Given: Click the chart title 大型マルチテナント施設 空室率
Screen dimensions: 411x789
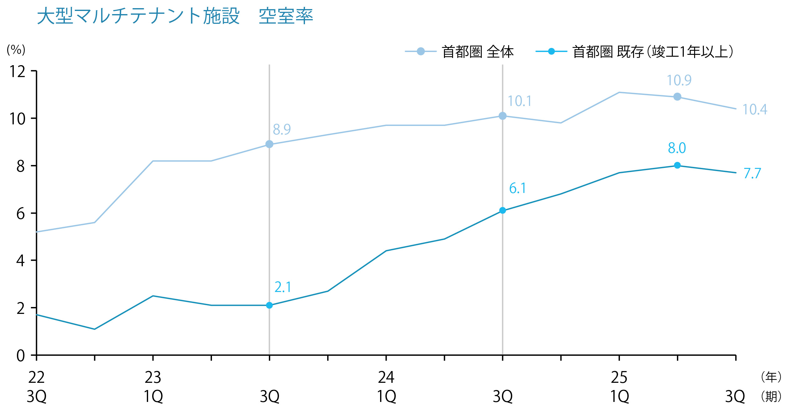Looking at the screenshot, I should [x=175, y=16].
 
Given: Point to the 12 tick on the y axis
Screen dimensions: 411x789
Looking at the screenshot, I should [x=18, y=71].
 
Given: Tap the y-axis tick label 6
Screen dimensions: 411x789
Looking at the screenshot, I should [x=20, y=214].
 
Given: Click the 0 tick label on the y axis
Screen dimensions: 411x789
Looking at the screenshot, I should [x=20, y=356].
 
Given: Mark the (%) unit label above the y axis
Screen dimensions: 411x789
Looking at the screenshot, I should [x=16, y=50].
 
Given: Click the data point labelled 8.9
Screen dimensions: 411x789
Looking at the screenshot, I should [x=269, y=144].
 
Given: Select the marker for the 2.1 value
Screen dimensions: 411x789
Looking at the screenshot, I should [x=269, y=305].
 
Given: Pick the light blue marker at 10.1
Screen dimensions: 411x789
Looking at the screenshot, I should [x=503, y=116].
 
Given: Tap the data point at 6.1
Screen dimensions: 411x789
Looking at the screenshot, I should [x=503, y=211].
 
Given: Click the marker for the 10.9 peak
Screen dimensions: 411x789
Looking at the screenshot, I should [x=677, y=97].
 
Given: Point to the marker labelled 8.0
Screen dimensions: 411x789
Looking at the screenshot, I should [x=677, y=165].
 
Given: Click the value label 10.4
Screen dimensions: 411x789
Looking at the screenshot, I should [x=755, y=110].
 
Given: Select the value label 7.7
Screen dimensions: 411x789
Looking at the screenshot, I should [x=752, y=174].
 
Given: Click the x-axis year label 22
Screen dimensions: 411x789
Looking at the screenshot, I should [x=36, y=377].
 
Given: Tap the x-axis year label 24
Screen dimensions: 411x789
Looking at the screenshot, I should [x=386, y=377].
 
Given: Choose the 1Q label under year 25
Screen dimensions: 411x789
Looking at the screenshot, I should [x=619, y=397].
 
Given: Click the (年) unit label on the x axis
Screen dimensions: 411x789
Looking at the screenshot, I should [x=771, y=377].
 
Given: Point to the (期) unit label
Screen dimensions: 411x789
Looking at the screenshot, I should [x=771, y=397].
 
